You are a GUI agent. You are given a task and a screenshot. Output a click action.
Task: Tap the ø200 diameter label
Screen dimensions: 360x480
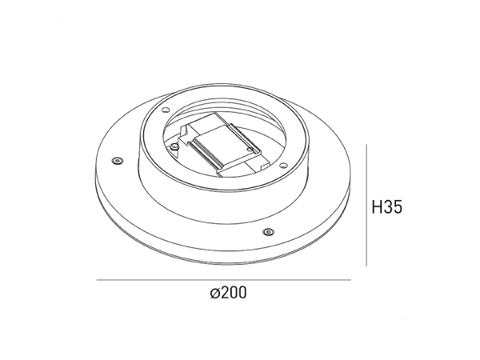click(226, 294)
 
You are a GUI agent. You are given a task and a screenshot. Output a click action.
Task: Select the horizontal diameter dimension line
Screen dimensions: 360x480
click(224, 279)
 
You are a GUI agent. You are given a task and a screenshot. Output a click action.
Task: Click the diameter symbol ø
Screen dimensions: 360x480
click(213, 294)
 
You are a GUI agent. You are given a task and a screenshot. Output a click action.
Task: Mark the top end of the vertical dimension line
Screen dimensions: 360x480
click(366, 145)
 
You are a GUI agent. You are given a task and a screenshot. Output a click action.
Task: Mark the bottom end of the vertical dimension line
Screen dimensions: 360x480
click(366, 266)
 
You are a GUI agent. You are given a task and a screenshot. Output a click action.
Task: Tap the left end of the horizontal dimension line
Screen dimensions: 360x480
click(97, 279)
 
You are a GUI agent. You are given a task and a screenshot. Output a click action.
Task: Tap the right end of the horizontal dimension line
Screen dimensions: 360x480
click(350, 279)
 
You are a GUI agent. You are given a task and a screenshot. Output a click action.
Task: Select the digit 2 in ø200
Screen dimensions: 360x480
click(222, 294)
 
